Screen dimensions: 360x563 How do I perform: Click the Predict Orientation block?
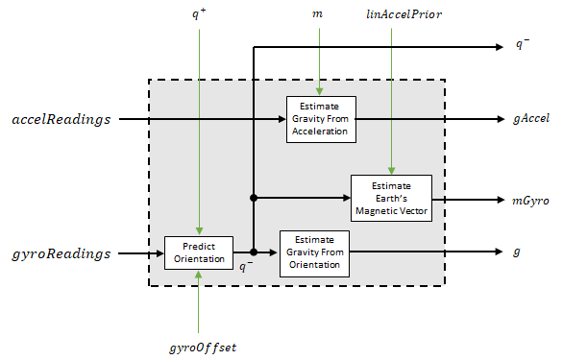point(197,252)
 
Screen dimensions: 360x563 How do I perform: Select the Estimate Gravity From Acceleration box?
point(320,120)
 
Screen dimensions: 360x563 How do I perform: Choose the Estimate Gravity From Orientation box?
point(314,252)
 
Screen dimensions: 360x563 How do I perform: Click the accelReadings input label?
point(61,120)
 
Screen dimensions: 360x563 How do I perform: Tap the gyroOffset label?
point(197,345)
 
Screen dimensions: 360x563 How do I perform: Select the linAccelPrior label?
point(392,15)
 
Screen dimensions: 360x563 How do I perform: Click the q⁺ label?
point(198,15)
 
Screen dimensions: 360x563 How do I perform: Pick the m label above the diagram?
point(318,15)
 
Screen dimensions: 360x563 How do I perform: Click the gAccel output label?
point(530,120)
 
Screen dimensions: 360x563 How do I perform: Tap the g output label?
point(517,252)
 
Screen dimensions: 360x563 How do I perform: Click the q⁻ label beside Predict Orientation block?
point(246,267)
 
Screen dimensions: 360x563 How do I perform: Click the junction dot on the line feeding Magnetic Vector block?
point(253,199)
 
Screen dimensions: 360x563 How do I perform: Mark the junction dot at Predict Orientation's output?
point(253,252)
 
